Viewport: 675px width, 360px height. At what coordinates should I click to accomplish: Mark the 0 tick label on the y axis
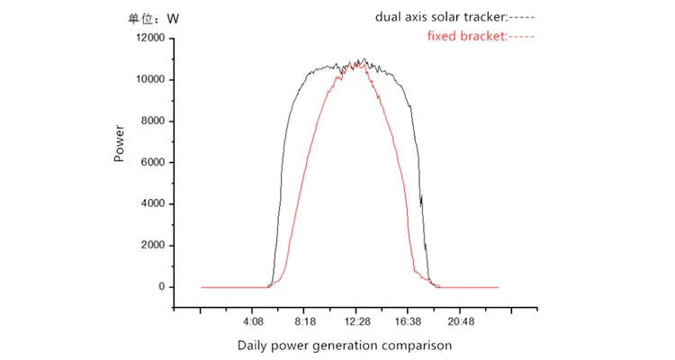pos(161,287)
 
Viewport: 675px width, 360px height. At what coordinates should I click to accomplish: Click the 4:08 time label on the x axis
pos(253,320)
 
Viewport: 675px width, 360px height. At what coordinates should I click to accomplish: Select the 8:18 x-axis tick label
pos(304,320)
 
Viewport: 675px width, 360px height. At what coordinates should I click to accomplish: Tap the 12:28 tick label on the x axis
pos(356,320)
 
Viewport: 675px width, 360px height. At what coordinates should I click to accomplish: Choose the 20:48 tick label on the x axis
pos(461,320)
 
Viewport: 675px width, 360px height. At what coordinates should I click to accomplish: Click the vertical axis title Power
pos(119,142)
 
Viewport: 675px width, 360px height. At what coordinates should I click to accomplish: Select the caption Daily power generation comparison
pos(345,345)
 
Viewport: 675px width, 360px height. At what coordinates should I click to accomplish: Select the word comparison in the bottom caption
pos(417,345)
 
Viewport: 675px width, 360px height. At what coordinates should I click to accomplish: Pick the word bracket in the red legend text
pos(486,36)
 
